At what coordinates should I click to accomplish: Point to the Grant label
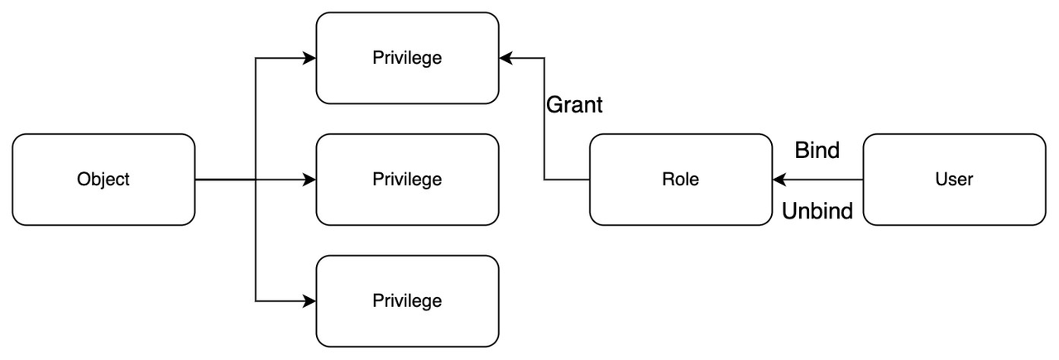point(574,105)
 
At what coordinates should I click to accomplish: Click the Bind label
point(817,151)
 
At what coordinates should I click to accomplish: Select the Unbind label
point(817,211)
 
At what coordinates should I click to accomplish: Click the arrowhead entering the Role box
point(779,180)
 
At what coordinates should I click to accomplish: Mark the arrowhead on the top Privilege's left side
point(310,58)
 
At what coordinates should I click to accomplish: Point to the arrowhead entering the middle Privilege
point(310,180)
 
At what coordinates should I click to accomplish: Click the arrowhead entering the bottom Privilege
point(310,300)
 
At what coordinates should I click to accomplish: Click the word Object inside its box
point(103,180)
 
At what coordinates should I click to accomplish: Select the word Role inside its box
point(680,180)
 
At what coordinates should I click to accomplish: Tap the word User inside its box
point(954,180)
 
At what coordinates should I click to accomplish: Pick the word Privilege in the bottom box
point(407,300)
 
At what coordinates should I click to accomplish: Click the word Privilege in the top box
point(407,58)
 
